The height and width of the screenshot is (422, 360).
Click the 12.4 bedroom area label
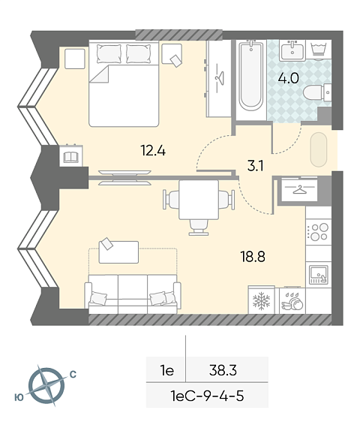(x=153, y=150)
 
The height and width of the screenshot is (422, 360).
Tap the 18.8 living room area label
(x=253, y=257)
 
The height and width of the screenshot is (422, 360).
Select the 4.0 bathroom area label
(x=289, y=79)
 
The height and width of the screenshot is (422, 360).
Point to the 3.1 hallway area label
(x=256, y=166)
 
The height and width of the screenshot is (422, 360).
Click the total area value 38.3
(x=223, y=370)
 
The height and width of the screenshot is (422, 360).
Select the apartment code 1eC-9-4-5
(x=207, y=396)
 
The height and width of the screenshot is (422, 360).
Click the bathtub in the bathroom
(x=251, y=76)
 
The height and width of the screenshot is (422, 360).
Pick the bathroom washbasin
(x=292, y=50)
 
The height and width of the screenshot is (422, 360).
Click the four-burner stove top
(x=319, y=232)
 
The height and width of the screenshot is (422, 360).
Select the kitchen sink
(x=319, y=275)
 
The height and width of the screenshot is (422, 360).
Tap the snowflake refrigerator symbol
(x=261, y=300)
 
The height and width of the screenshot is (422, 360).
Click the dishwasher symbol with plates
(x=292, y=301)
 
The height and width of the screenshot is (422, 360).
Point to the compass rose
(x=46, y=386)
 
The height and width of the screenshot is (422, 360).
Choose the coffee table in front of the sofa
(x=118, y=252)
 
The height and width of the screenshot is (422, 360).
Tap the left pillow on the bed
(x=109, y=54)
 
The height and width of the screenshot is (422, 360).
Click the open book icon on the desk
(x=70, y=157)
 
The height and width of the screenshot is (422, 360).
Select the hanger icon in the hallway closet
(x=300, y=190)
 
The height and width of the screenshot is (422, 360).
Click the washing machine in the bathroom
(x=319, y=50)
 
